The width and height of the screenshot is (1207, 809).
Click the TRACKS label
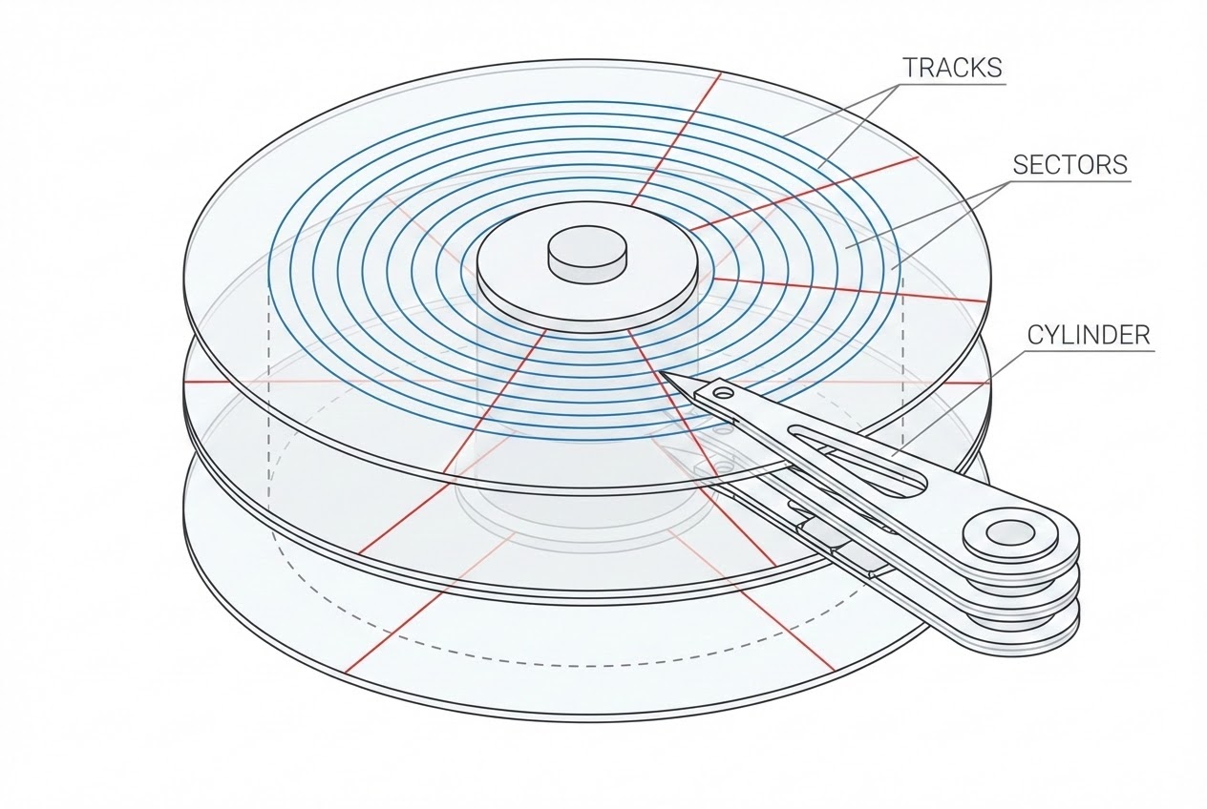(952, 68)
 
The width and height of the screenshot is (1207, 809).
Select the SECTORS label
(1070, 165)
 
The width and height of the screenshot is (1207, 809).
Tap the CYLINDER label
(1089, 335)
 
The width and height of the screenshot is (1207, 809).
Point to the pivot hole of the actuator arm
(1009, 534)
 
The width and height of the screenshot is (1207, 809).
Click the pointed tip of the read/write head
(661, 372)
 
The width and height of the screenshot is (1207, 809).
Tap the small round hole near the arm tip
(724, 394)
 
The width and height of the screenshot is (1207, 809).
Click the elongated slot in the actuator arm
(857, 458)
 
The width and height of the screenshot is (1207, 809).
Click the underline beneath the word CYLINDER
(1089, 351)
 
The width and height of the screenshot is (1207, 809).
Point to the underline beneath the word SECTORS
(1069, 181)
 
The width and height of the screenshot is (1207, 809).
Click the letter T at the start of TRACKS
(911, 68)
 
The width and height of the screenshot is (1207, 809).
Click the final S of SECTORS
(1120, 165)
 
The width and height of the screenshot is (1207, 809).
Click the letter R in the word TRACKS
(927, 68)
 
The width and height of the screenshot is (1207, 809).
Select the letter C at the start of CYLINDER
(1036, 335)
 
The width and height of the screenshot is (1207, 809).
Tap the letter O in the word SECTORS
(1087, 165)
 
